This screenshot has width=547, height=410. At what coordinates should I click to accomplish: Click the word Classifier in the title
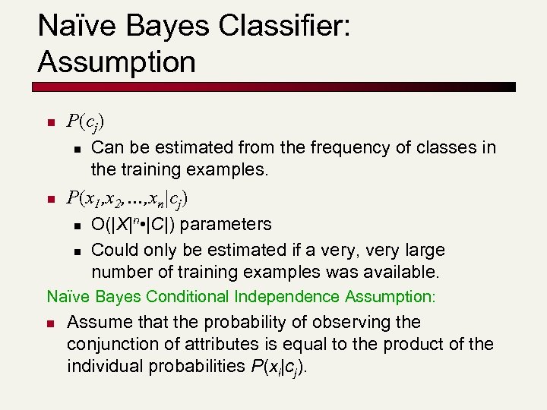click(x=283, y=27)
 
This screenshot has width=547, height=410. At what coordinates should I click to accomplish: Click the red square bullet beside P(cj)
click(x=50, y=122)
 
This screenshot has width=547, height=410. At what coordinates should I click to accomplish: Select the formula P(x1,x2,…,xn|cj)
click(x=128, y=199)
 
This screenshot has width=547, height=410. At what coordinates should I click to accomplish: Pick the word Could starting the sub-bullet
click(x=112, y=250)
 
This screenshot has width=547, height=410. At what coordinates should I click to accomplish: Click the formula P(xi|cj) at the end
click(x=277, y=367)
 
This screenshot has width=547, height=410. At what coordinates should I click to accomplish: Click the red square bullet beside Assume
click(x=50, y=323)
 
